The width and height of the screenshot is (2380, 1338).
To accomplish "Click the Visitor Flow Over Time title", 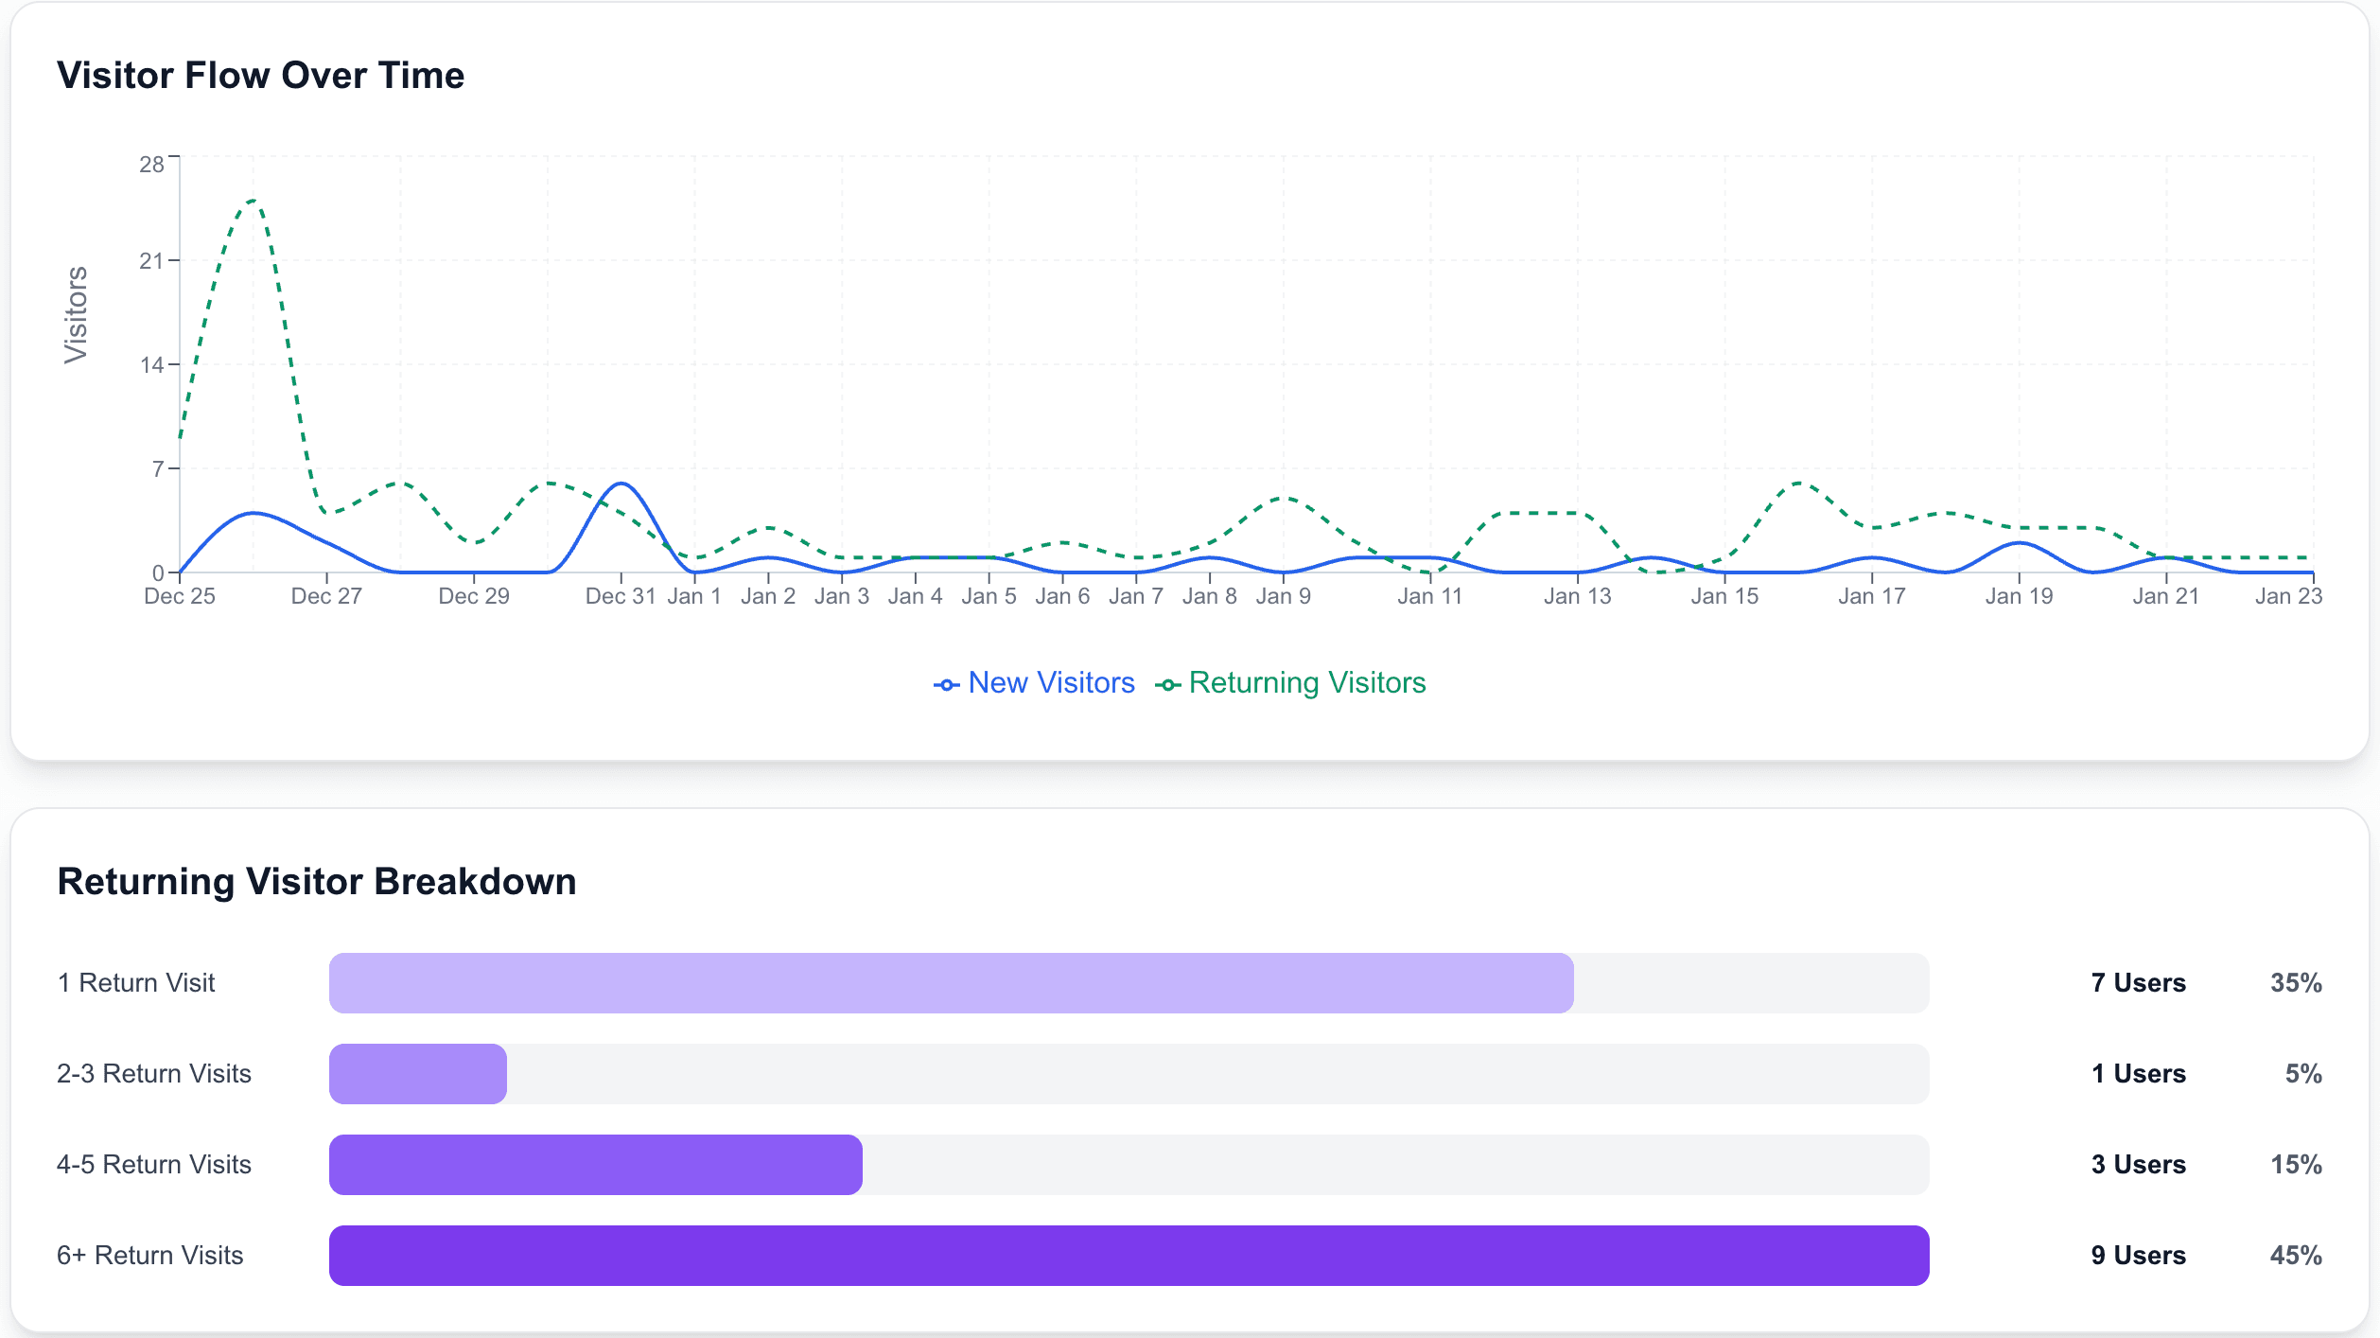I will (x=260, y=76).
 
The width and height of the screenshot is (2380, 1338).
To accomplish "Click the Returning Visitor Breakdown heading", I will (x=317, y=881).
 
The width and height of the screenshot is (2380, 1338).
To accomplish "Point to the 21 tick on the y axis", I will (x=151, y=261).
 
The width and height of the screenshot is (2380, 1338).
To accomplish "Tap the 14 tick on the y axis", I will (x=151, y=365).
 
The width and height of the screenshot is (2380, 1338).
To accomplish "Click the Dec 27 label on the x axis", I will (x=326, y=596).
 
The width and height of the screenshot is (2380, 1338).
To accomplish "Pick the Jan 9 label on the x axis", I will (x=1283, y=596).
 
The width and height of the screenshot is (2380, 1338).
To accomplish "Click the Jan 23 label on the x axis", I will (x=2287, y=596).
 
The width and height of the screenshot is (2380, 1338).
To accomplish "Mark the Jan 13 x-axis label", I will (x=1577, y=596).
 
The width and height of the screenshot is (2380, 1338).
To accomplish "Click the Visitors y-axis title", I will (x=76, y=314).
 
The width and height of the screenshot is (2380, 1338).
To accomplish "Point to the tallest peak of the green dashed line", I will (x=253, y=201).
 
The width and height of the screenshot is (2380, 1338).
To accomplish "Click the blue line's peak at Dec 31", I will (x=621, y=484).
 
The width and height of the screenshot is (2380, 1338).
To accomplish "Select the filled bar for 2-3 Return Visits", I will (x=417, y=1074).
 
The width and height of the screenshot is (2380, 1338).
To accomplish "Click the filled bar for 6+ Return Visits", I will (x=1129, y=1256).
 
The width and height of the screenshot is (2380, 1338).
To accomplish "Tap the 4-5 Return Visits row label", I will (x=154, y=1165).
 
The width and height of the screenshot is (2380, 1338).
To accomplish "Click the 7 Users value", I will (x=2138, y=983).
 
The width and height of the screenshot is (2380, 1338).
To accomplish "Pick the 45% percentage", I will (x=2296, y=1256).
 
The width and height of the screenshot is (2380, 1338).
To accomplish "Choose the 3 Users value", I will (x=2138, y=1165).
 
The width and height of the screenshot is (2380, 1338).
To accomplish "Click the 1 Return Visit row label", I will (x=136, y=983).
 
